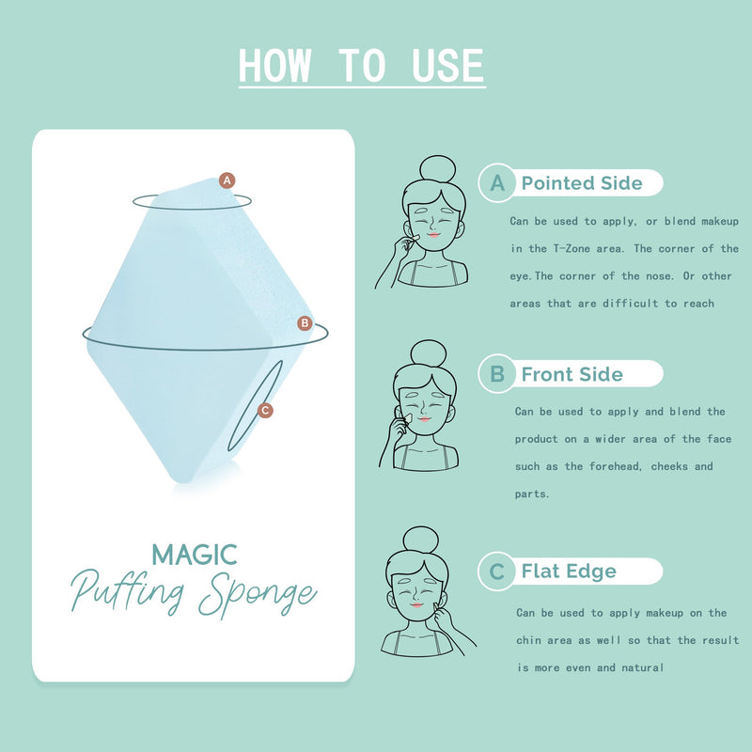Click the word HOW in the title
274,66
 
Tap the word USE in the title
448,66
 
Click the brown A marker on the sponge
227,180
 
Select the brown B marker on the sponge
305,323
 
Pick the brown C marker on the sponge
265,411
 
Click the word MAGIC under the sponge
195,555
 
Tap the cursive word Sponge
258,594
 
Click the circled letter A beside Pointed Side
497,182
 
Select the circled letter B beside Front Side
497,373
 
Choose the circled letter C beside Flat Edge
497,572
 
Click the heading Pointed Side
582,182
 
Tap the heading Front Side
572,374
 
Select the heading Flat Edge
569,572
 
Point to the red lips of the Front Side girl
424,419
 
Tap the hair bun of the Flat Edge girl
420,540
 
